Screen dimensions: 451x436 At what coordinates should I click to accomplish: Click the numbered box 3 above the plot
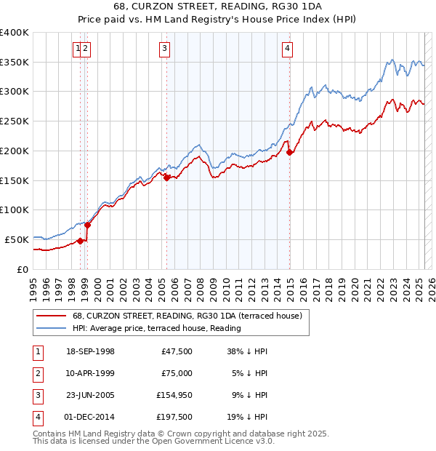tap(165, 49)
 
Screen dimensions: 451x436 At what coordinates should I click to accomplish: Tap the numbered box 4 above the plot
tap(288, 49)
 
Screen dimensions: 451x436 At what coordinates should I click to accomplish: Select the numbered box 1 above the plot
tap(77, 49)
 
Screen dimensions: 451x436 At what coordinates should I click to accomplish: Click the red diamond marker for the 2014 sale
tap(290, 152)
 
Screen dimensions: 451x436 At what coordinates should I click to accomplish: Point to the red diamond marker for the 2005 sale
tap(167, 177)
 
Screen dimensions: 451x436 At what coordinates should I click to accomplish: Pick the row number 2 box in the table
tap(36, 373)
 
